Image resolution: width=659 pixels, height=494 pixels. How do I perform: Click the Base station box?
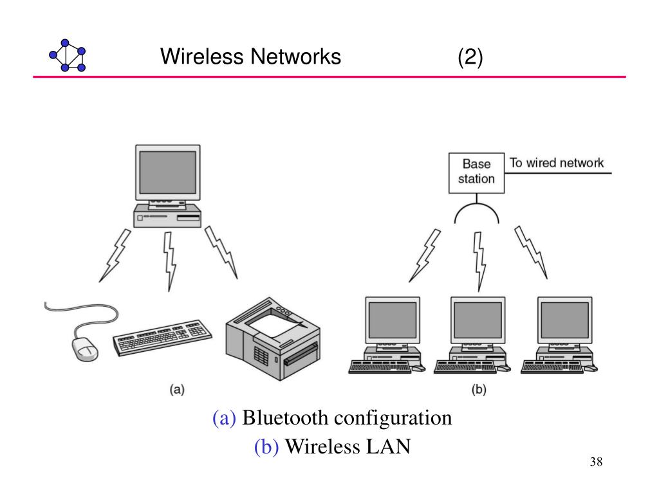(x=476, y=173)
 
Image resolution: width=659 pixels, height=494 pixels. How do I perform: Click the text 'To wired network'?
(x=557, y=163)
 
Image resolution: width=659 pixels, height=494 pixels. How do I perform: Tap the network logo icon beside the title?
(x=67, y=55)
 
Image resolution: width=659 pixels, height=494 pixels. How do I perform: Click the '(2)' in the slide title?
(x=470, y=57)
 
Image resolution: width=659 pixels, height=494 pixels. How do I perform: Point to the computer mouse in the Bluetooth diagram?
(x=86, y=349)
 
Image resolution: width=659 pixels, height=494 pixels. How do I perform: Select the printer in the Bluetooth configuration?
(x=273, y=338)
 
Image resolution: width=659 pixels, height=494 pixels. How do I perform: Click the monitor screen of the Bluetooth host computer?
(x=168, y=172)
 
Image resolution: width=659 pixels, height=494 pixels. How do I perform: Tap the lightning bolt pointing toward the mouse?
(x=115, y=255)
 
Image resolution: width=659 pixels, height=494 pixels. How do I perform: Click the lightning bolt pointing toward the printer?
(x=221, y=252)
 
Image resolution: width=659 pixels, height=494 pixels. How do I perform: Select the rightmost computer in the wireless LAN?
(x=559, y=334)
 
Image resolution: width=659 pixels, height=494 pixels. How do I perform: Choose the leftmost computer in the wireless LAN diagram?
(x=387, y=334)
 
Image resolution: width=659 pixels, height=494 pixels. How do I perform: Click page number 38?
(x=596, y=462)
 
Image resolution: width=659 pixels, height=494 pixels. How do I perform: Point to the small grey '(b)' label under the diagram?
(x=479, y=389)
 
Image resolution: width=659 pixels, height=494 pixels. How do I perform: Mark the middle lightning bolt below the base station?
(x=479, y=261)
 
